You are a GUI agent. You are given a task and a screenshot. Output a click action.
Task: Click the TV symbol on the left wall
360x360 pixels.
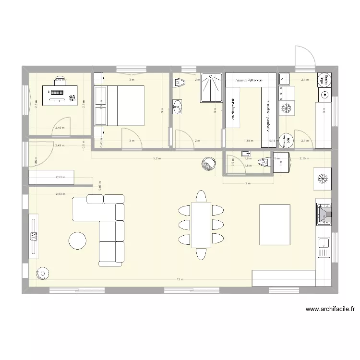pyautogui.click(x=34, y=236)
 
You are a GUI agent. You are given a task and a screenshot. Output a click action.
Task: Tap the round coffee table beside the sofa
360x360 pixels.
pyautogui.click(x=77, y=240)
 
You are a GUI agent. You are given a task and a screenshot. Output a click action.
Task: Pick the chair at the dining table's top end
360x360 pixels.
pyautogui.click(x=201, y=196)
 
